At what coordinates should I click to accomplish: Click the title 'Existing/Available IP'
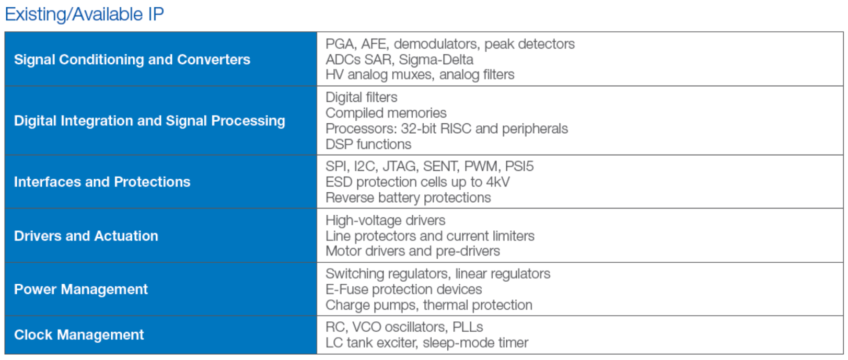coord(85,15)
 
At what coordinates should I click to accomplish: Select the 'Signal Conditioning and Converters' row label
coord(132,60)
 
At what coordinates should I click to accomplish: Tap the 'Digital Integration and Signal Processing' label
coord(149,121)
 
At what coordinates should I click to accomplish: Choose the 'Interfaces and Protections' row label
coord(102,182)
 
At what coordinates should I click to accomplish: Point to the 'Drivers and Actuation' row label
coord(86,236)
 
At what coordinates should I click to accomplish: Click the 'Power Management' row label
coord(80,289)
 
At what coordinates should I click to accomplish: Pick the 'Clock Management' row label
coord(79,334)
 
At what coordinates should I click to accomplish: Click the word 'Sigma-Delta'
coord(436,60)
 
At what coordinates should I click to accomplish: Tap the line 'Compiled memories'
coord(386,113)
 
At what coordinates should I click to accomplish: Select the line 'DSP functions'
coord(368,144)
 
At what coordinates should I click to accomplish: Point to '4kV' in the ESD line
coord(498,182)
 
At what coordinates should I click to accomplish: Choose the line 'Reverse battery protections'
coord(408,198)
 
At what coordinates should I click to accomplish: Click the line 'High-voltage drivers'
coord(386,220)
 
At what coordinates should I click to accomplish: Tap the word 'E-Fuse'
coord(347,289)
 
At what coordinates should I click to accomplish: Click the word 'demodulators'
coord(437,44)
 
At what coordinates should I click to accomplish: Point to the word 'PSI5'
coord(519,167)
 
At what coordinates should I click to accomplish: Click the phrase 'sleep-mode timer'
coord(475,343)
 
